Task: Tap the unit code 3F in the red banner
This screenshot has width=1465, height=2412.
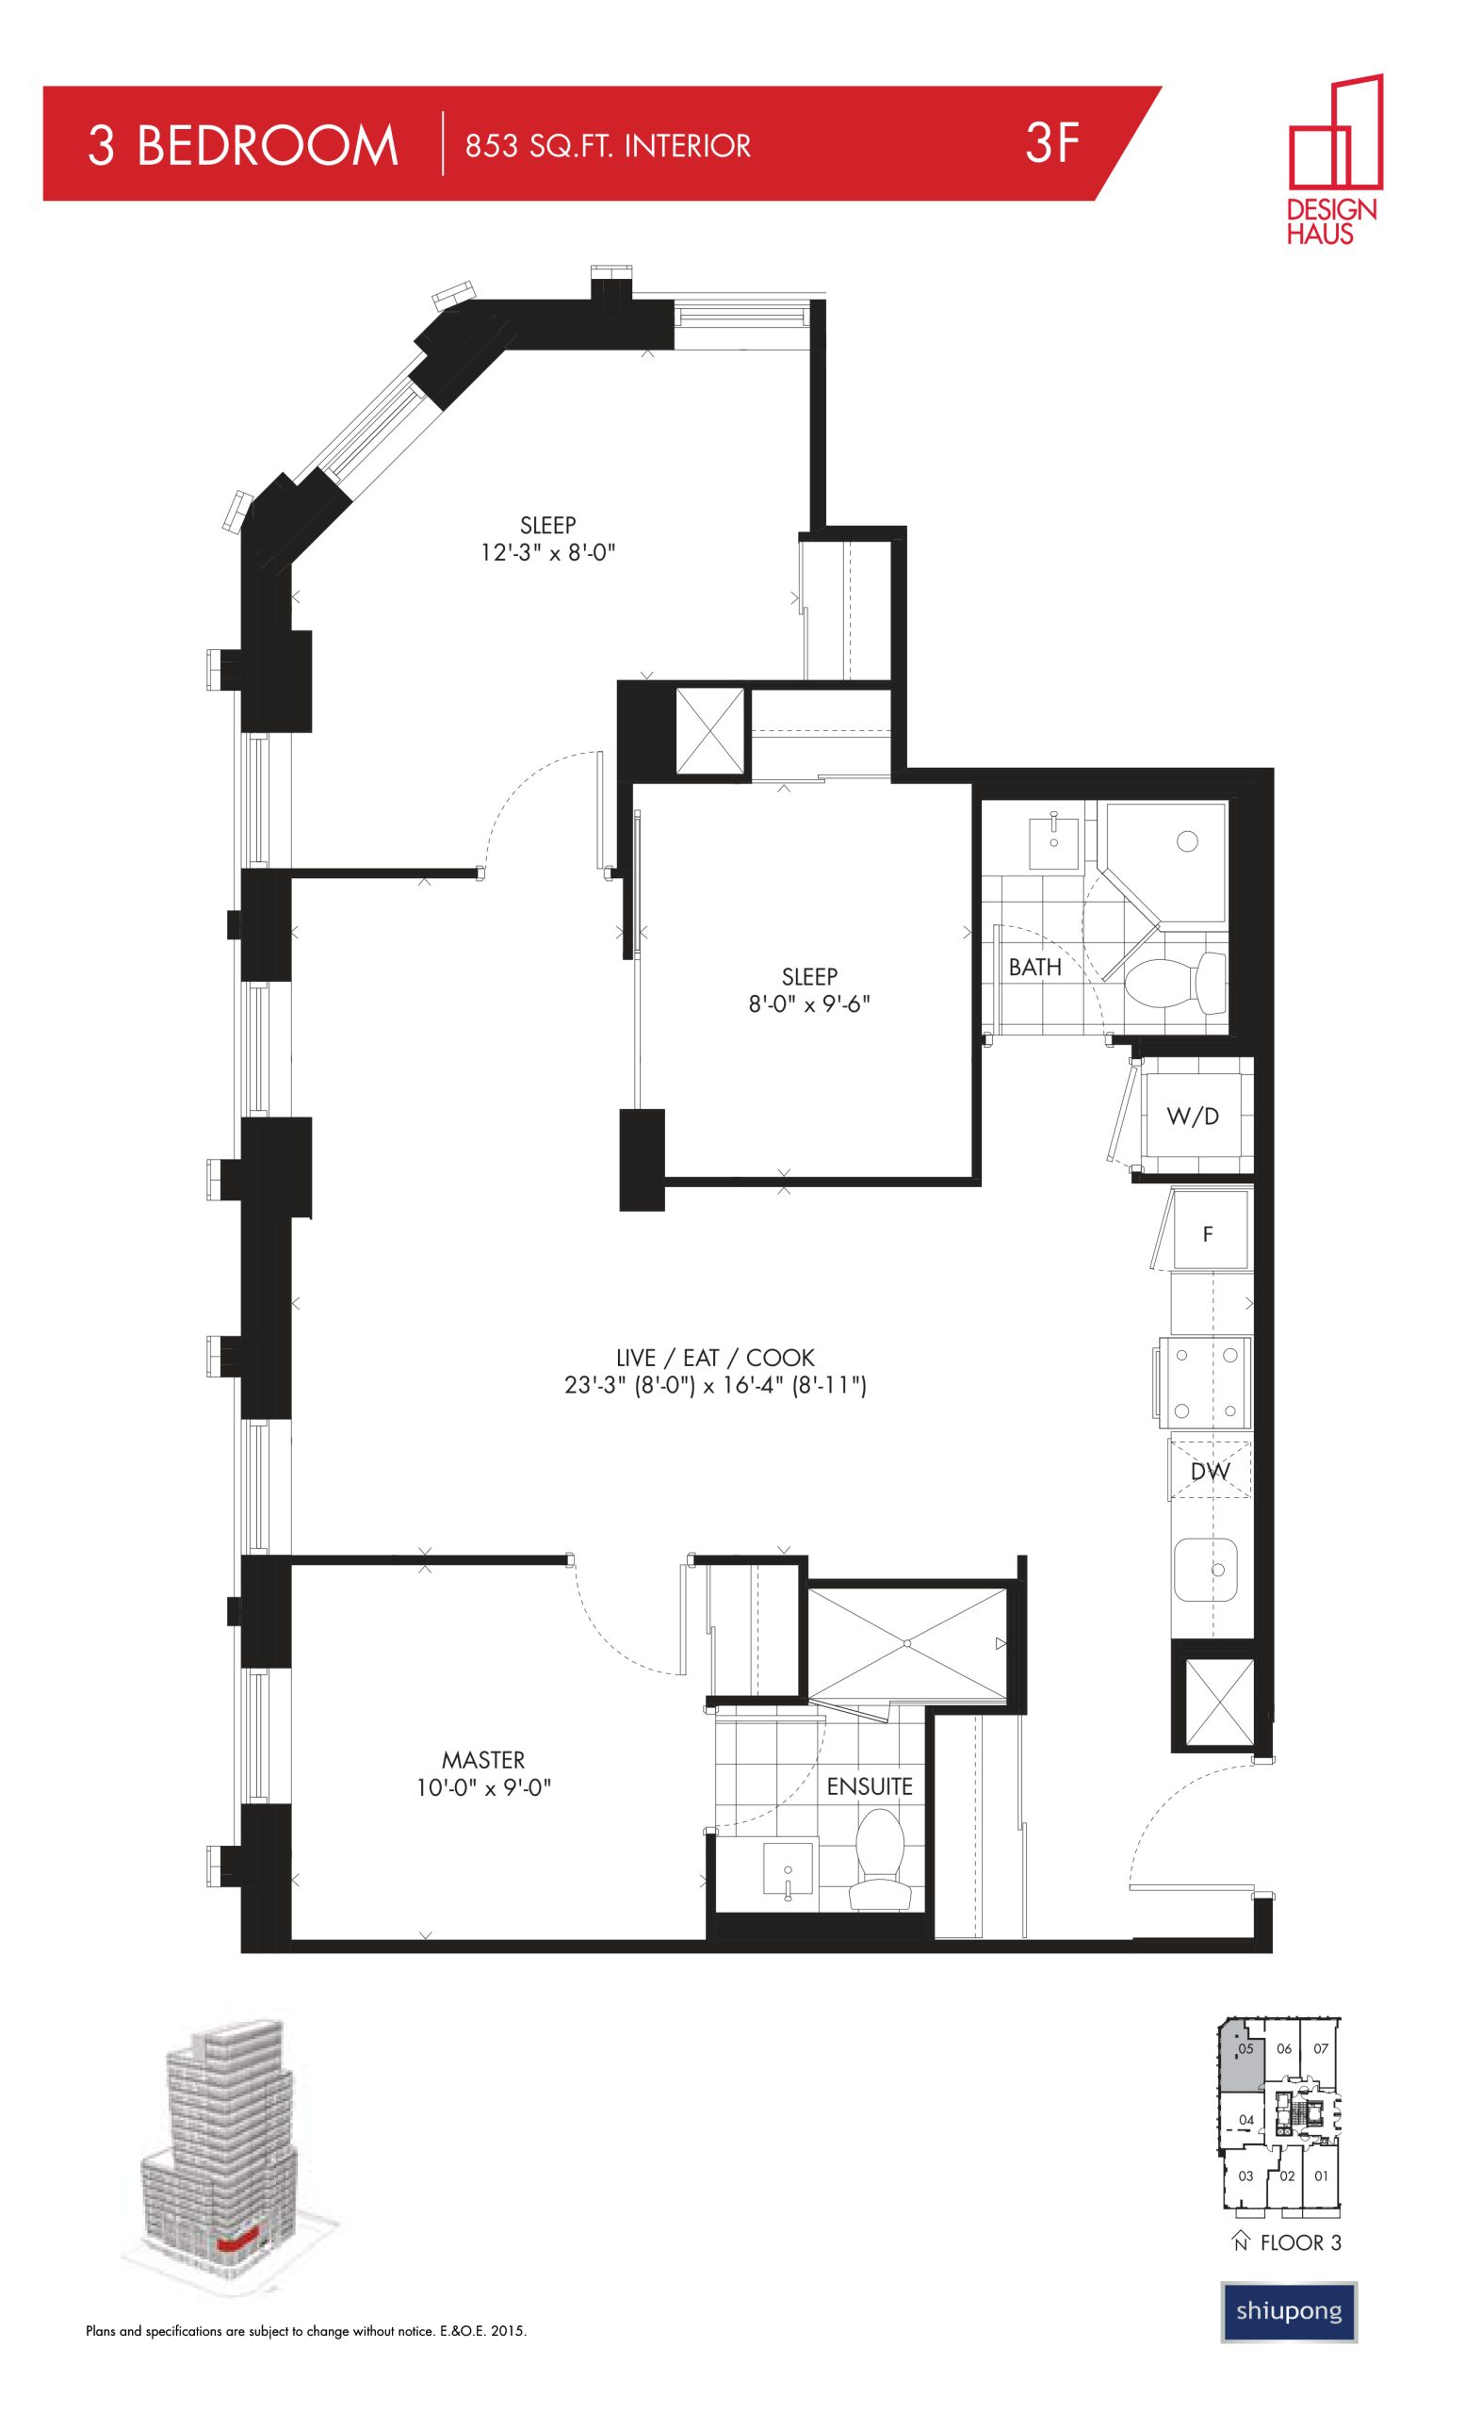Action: click(1052, 143)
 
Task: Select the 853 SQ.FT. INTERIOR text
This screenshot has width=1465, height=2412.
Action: click(608, 146)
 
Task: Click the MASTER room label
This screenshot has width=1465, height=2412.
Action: click(482, 1760)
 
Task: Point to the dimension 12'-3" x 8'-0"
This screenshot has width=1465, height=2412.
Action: click(547, 553)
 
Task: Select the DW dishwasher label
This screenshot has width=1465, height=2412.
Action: click(1211, 1473)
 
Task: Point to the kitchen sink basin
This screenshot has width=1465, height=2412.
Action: click(1206, 1569)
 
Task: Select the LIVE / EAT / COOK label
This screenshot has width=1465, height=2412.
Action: click(714, 1358)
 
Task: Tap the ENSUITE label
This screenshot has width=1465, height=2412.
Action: click(869, 1786)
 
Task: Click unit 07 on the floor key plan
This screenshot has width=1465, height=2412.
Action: click(1320, 2048)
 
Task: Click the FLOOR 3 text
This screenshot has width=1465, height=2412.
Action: click(1299, 2242)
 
